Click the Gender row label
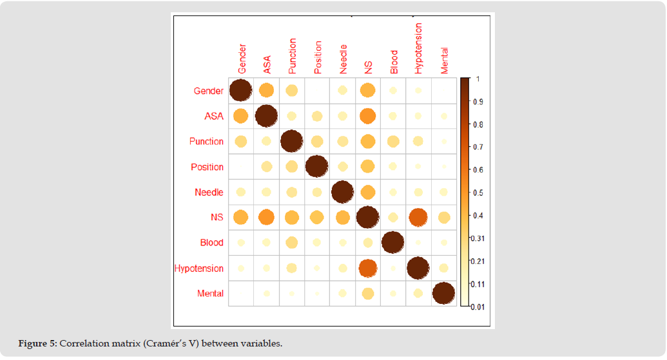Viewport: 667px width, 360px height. [x=209, y=91]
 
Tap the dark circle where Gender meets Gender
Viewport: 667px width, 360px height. [x=240, y=90]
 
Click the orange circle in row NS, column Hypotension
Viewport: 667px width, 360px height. [x=418, y=218]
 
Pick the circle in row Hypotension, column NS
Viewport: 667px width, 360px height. [x=367, y=268]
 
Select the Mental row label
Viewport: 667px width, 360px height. [x=210, y=294]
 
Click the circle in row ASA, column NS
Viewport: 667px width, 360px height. [x=367, y=116]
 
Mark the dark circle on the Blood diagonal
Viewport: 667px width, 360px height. [x=392, y=243]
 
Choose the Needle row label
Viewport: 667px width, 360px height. [x=209, y=192]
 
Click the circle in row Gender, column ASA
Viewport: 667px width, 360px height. [x=266, y=90]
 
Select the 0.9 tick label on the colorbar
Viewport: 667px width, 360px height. [x=478, y=102]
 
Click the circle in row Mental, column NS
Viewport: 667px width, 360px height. [x=367, y=294]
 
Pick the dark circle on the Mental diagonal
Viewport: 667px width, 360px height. [x=443, y=294]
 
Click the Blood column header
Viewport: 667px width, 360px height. [x=394, y=62]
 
